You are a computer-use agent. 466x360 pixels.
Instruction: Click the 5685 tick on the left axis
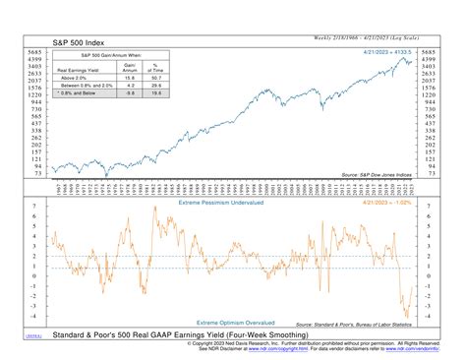point(31,51)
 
